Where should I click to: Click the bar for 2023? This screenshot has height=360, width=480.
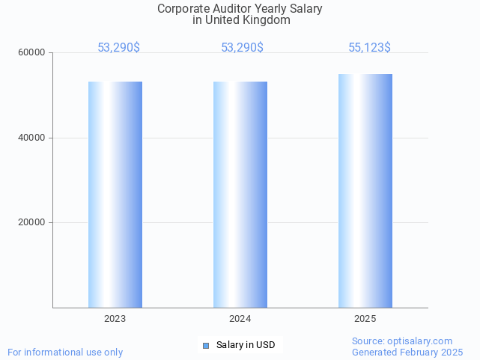coord(115,195)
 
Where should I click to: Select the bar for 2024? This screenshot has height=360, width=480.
coord(240,195)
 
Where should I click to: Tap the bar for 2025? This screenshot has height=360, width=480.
coord(365,191)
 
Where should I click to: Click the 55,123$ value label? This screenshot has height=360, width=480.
coord(369,48)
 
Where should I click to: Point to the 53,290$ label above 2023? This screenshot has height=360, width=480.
coord(118,48)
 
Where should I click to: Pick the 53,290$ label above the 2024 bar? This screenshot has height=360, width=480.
coord(242,48)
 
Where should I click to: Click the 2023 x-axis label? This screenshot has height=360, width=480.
coord(115,319)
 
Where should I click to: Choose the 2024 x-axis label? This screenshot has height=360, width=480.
coord(240,319)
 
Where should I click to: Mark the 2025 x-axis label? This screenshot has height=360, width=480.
coord(365,319)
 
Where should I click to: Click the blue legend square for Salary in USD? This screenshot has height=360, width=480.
coord(207,345)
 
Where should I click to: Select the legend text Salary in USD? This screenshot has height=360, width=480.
coord(246,345)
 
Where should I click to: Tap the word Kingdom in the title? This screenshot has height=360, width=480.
coord(265,20)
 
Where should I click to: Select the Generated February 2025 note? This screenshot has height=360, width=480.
coord(407,353)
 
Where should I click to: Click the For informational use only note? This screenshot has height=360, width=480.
coord(65,353)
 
